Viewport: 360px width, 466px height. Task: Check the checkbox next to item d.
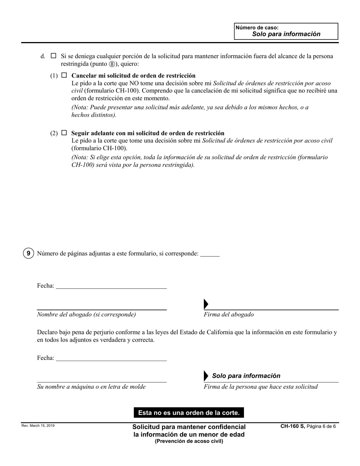[x=53, y=56]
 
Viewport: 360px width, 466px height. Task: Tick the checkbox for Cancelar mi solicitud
[x=64, y=75]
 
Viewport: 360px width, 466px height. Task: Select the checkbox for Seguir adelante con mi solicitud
[x=64, y=133]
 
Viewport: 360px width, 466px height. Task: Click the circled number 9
[x=28, y=253]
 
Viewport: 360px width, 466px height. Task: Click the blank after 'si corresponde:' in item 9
[x=210, y=254]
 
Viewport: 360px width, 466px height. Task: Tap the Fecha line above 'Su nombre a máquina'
[x=111, y=358]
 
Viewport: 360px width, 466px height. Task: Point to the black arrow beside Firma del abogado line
[x=206, y=304]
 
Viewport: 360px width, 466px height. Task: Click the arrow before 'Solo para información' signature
[x=206, y=376]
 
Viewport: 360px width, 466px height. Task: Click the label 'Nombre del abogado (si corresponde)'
[x=86, y=314]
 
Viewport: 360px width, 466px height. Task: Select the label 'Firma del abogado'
[x=229, y=314]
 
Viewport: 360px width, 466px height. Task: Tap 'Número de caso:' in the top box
[x=257, y=28]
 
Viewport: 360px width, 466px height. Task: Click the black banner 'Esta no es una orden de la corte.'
[x=189, y=413]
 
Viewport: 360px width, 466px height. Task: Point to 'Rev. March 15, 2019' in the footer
[x=38, y=426]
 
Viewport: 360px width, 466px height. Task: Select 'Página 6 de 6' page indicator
[x=321, y=426]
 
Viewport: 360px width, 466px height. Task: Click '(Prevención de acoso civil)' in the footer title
[x=189, y=441]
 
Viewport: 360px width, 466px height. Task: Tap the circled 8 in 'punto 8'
[x=112, y=64]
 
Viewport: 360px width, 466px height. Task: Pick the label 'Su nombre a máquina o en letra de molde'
[x=91, y=387]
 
